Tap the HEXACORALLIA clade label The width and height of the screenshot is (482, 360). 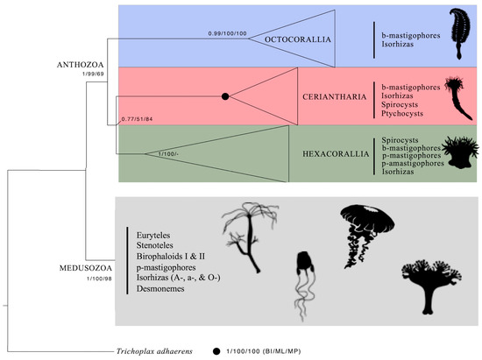tap(324, 155)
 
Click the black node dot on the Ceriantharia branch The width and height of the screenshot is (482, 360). tap(225, 95)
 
